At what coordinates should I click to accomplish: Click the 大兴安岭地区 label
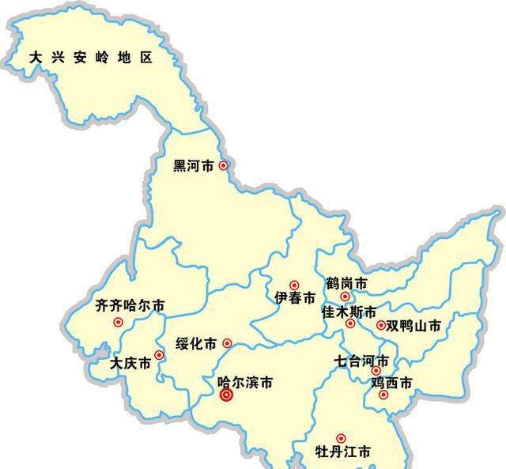[90, 58]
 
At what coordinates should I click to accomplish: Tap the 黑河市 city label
[194, 166]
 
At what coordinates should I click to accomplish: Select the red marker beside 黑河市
[224, 165]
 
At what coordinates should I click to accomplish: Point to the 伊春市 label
[295, 299]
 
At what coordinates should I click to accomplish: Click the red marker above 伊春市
[294, 285]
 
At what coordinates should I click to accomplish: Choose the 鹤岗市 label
[346, 283]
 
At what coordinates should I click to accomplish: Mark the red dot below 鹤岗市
[345, 297]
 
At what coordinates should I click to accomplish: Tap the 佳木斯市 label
[349, 312]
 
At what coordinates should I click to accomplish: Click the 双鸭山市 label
[413, 326]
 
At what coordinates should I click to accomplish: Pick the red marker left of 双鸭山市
[381, 325]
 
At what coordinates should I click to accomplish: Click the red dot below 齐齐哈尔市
[119, 322]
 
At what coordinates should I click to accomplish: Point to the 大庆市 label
[130, 365]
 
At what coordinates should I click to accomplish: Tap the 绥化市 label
[196, 344]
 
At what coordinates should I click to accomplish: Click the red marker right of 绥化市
[227, 343]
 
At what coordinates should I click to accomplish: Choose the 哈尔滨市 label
[245, 382]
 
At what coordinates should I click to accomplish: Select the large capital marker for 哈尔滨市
[226, 395]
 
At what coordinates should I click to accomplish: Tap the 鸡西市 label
[392, 383]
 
